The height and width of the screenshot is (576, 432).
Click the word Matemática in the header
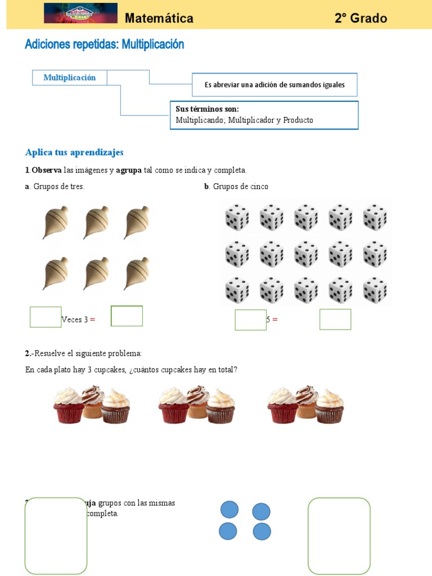tap(159, 19)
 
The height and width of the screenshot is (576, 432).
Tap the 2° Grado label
tap(361, 19)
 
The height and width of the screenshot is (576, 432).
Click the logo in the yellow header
tap(80, 13)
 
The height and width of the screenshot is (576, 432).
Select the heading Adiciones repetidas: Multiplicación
tap(105, 44)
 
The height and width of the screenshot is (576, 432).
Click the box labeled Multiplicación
tap(70, 78)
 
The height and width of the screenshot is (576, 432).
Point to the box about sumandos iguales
tap(274, 84)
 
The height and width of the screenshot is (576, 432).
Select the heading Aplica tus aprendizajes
tap(74, 152)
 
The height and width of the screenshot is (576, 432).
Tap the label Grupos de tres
tap(58, 187)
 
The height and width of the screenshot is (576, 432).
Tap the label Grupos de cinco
tap(240, 187)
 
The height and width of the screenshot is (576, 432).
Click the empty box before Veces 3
tap(46, 317)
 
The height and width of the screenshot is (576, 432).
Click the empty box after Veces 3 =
tap(127, 316)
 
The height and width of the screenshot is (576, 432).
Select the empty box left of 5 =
tap(250, 319)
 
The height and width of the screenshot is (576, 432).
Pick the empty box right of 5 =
tap(335, 319)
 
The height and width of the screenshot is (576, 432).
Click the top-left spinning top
tap(55, 222)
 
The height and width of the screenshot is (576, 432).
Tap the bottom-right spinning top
tap(136, 274)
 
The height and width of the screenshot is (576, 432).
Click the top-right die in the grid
tap(375, 217)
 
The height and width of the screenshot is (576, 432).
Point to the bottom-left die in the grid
tap(237, 290)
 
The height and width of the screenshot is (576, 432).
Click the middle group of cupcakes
tap(197, 404)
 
